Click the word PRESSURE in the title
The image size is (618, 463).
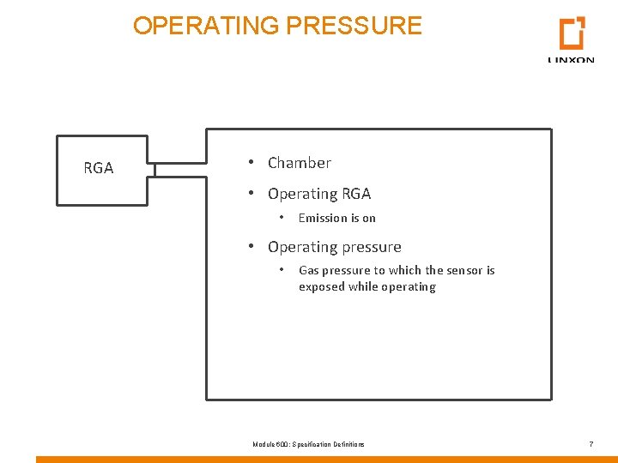354,26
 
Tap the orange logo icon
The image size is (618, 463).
572,33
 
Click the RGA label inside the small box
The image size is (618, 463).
99,169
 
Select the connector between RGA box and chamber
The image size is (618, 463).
178,169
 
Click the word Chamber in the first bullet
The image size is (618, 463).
300,163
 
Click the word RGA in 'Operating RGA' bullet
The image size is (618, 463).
356,195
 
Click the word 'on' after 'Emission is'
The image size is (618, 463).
369,219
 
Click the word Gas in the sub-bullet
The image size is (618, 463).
308,271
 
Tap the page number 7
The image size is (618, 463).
591,444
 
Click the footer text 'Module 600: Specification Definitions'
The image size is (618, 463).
308,444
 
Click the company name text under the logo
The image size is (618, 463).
571,60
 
